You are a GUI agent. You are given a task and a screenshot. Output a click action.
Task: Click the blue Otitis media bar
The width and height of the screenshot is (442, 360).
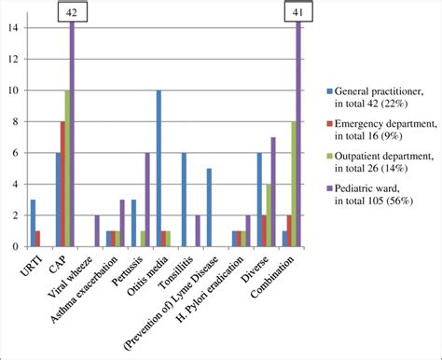click(x=159, y=169)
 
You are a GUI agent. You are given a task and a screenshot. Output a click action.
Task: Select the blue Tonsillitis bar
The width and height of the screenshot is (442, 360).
click(x=184, y=200)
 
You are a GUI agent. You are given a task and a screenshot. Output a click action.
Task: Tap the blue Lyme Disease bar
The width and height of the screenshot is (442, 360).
click(x=209, y=207)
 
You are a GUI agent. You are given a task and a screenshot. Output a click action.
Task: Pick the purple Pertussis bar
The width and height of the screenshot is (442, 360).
click(x=147, y=200)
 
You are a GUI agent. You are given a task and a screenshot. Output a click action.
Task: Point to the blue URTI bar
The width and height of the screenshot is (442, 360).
click(x=34, y=223)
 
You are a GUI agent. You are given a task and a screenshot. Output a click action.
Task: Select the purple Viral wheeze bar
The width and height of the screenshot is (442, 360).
click(x=97, y=230)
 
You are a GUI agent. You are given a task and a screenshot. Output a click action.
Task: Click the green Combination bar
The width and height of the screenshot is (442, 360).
click(x=293, y=184)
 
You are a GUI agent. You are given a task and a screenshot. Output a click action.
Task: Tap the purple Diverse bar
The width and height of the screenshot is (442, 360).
click(x=273, y=192)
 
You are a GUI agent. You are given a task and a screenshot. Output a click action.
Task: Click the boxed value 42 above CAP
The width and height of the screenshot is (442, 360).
click(x=72, y=12)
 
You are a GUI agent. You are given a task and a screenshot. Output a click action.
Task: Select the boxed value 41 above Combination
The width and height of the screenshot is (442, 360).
click(x=298, y=12)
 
